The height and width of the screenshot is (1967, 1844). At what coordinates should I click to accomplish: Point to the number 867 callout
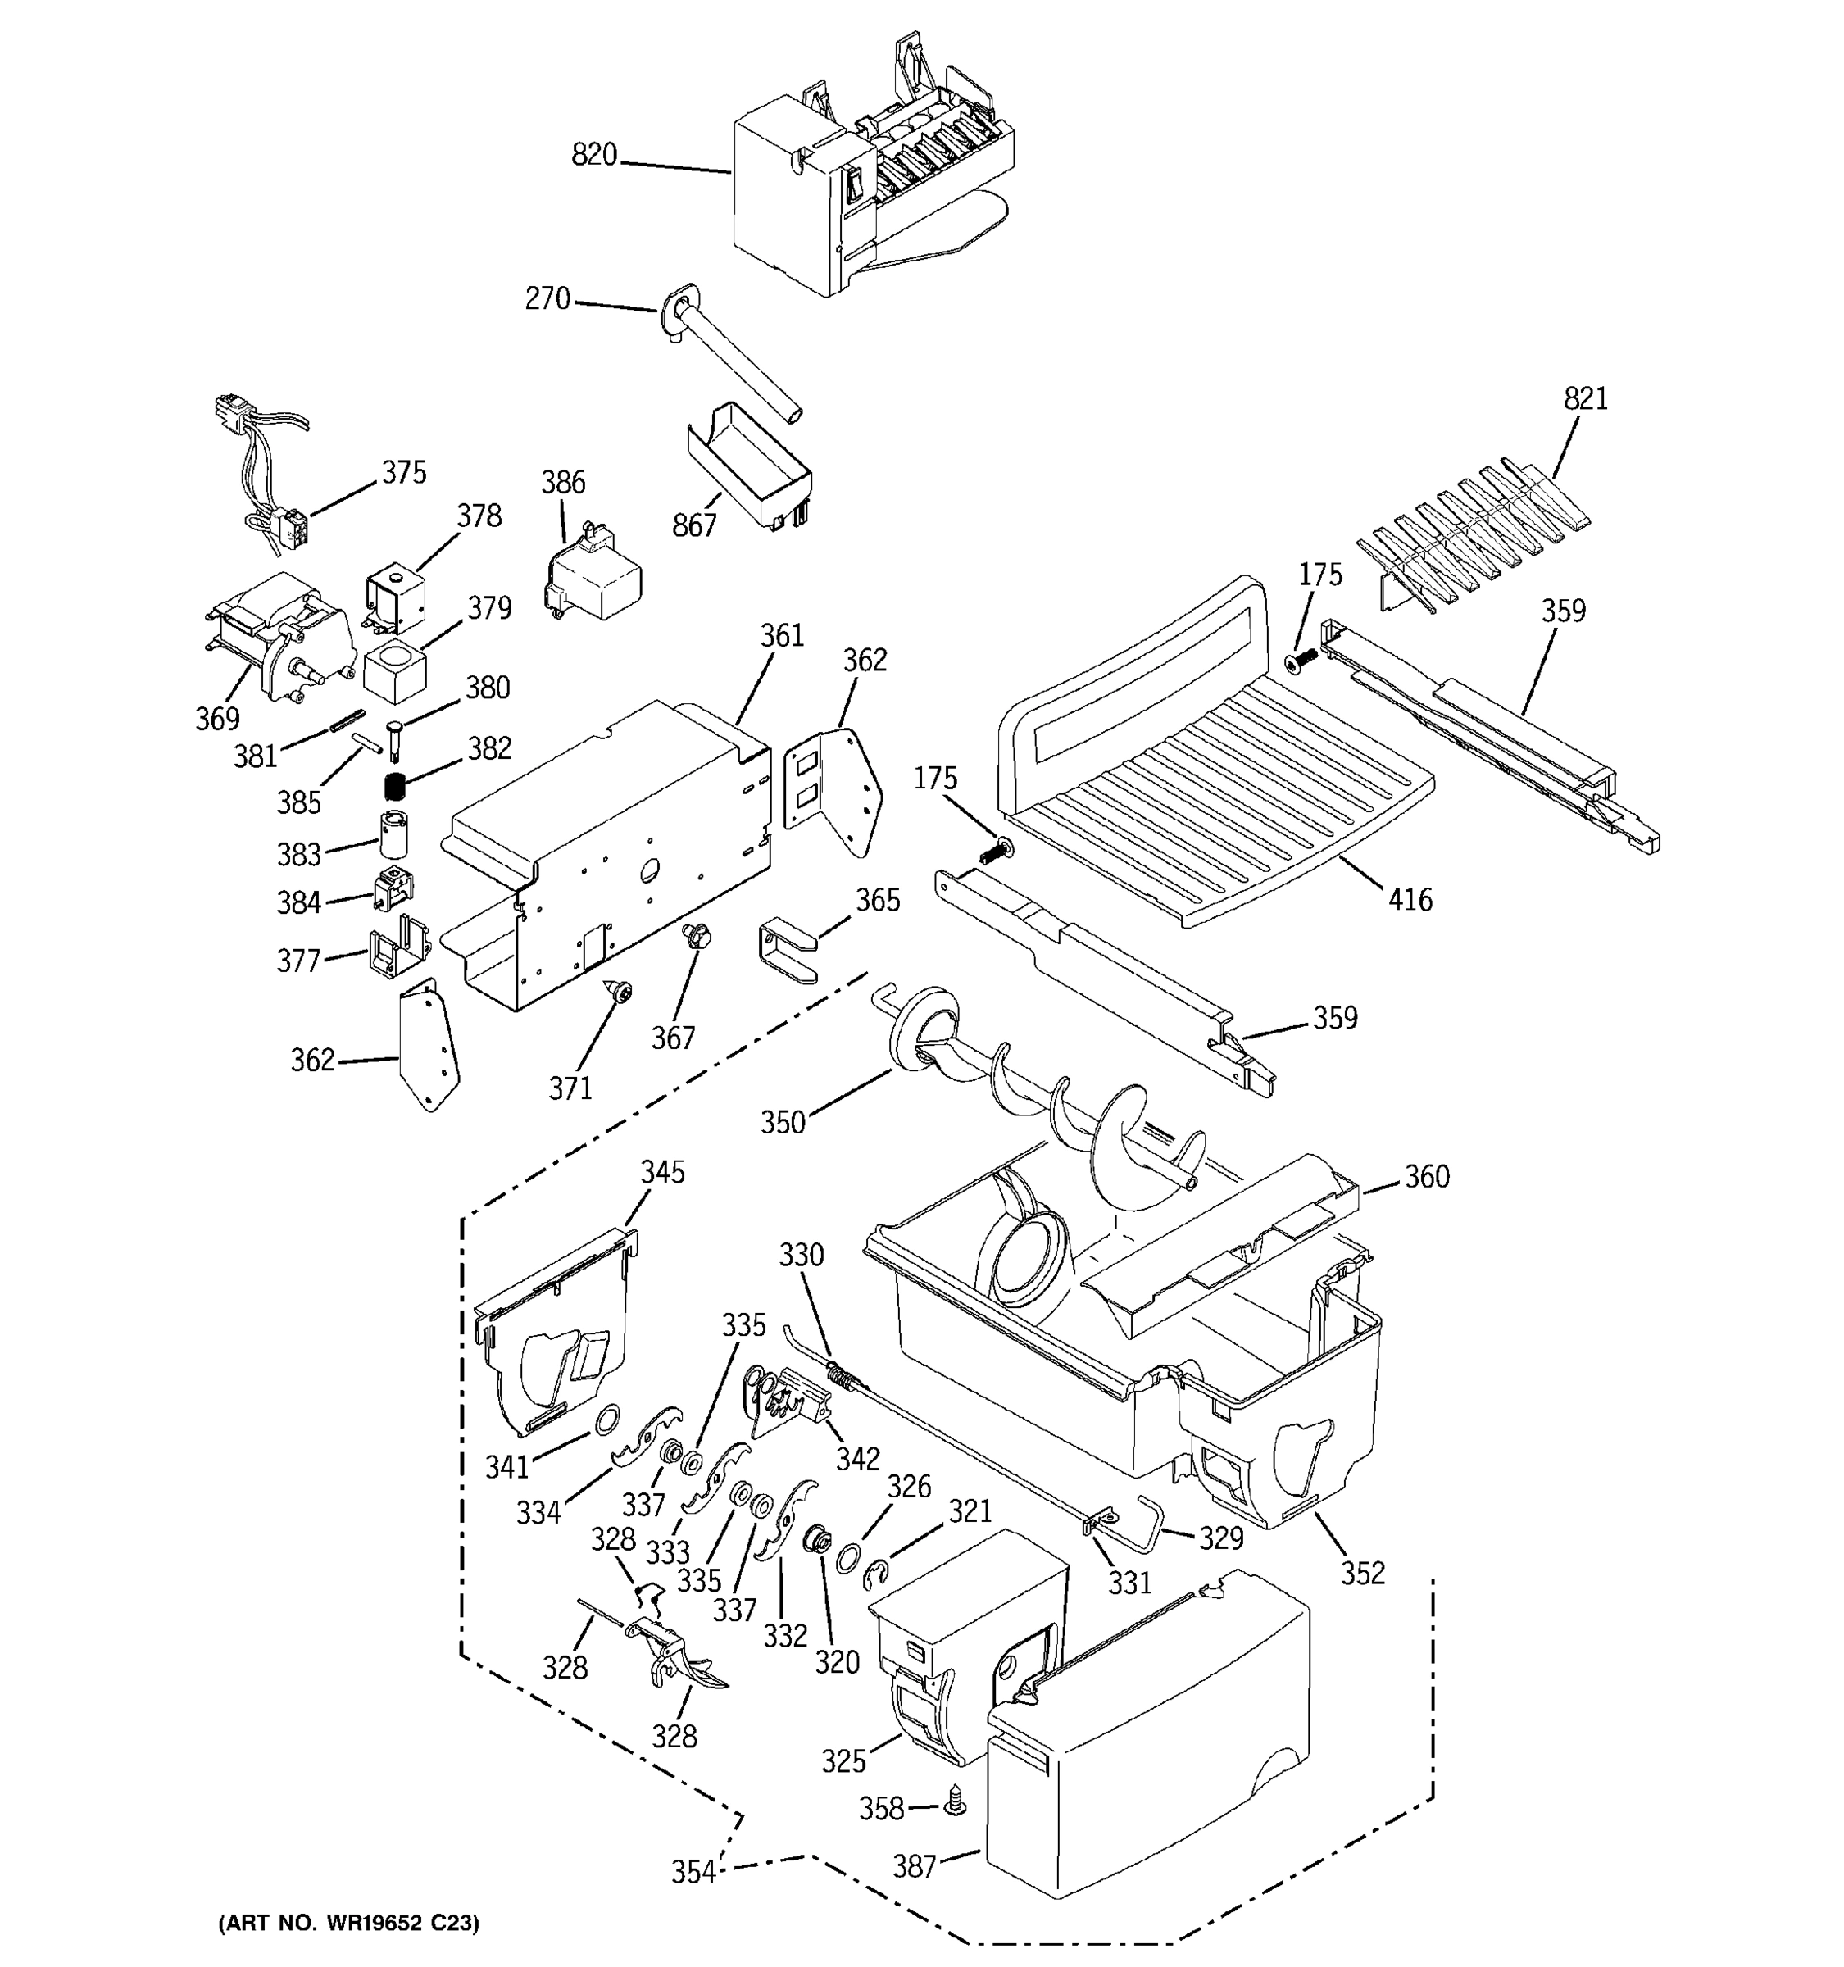click(x=693, y=525)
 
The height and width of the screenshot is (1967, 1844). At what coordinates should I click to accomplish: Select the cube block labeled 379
click(x=393, y=668)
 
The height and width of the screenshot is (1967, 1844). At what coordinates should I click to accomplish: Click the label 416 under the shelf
click(x=1410, y=899)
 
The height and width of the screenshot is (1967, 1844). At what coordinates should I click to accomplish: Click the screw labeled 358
click(x=956, y=1803)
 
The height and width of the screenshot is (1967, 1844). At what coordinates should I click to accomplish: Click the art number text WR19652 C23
click(x=348, y=1923)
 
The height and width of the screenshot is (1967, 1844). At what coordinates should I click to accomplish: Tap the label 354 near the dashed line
click(x=693, y=1872)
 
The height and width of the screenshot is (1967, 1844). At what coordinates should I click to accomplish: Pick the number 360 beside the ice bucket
click(x=1427, y=1176)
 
